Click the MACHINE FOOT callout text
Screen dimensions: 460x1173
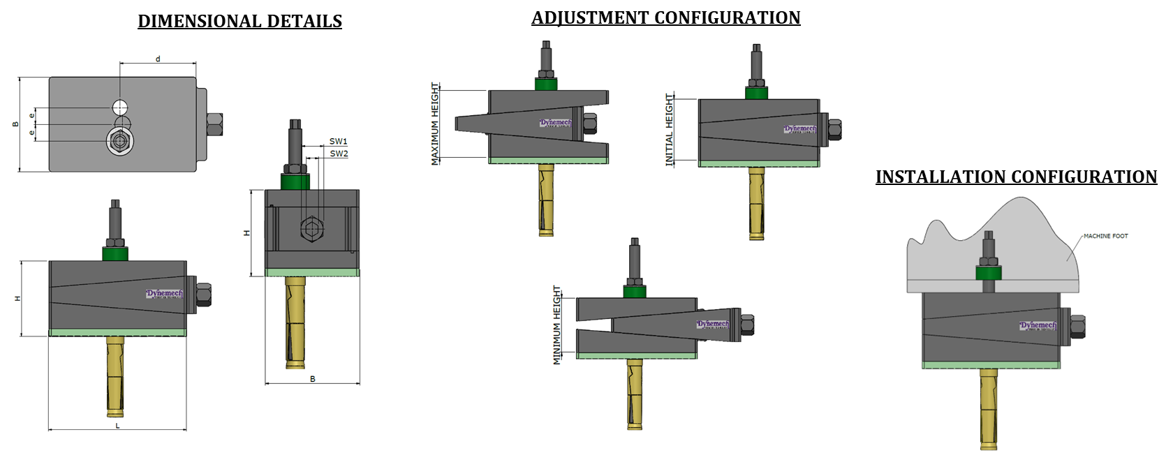click(1105, 236)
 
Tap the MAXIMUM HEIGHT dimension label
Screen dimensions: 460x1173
click(435, 124)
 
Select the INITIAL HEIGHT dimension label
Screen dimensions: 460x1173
click(670, 130)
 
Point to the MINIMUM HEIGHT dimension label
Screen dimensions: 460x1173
click(557, 325)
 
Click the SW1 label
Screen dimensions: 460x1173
click(338, 142)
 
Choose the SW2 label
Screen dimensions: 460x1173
click(339, 154)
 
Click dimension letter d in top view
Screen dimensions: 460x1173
click(158, 59)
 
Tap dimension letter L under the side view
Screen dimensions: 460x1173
click(117, 425)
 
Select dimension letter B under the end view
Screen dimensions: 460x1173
click(313, 379)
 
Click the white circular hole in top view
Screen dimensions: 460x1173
click(121, 107)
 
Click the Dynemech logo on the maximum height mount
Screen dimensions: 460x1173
click(555, 123)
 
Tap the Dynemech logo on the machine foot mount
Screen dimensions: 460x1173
click(1038, 325)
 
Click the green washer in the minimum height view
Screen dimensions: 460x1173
click(634, 292)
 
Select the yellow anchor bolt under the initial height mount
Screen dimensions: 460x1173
click(756, 202)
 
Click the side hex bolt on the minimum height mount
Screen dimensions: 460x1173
click(746, 325)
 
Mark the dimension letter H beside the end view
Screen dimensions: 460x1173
click(246, 232)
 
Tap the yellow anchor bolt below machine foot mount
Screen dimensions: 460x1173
click(988, 408)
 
